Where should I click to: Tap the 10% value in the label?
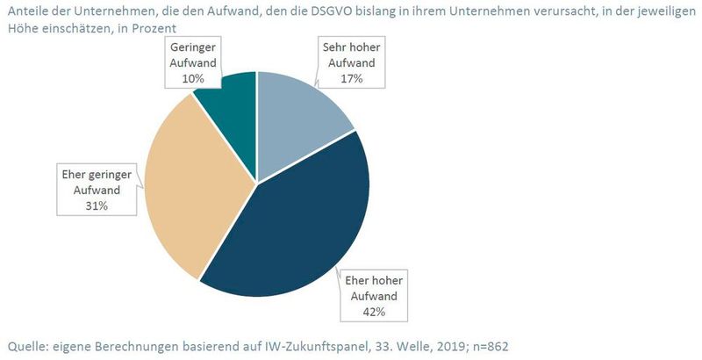tap(193, 78)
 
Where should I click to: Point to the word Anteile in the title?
tap(26, 10)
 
